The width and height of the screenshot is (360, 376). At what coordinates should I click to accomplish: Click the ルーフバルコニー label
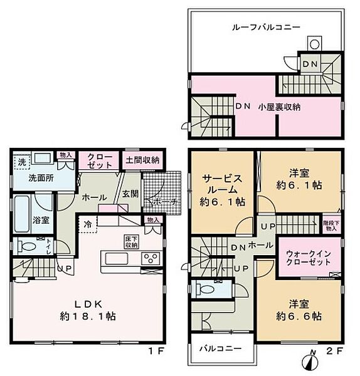266,28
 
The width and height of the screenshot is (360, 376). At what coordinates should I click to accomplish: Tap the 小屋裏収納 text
279,107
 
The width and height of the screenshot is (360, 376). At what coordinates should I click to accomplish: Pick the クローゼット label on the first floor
100,160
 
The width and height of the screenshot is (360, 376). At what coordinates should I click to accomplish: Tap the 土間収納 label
142,160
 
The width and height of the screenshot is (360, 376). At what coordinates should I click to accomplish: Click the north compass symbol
307,362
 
